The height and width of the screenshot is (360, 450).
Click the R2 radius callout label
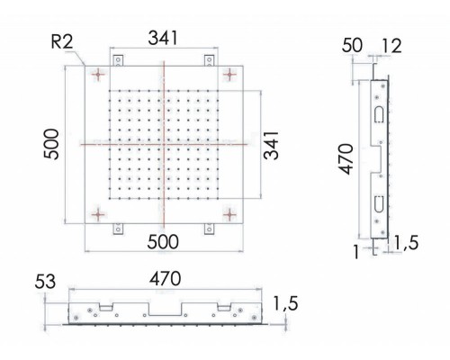(x=62, y=41)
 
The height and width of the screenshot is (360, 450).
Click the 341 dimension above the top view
(x=163, y=38)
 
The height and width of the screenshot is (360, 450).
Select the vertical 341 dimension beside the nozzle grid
(x=271, y=145)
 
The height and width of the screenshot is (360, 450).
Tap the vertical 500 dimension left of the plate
(x=50, y=144)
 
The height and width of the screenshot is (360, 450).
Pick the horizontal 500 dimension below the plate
(x=163, y=242)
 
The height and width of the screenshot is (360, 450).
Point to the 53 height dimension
(x=45, y=282)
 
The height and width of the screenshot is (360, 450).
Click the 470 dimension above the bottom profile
(x=166, y=279)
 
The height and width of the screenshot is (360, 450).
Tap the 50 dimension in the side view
(x=352, y=46)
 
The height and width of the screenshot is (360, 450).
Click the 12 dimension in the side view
(x=391, y=47)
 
